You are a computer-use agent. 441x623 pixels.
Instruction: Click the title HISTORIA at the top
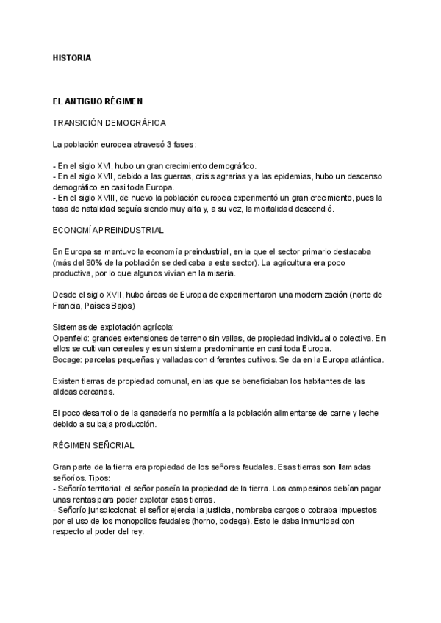(72, 57)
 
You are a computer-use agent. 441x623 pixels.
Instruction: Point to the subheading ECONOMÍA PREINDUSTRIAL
(108, 230)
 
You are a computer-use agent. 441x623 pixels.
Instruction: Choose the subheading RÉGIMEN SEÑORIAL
(93, 445)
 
